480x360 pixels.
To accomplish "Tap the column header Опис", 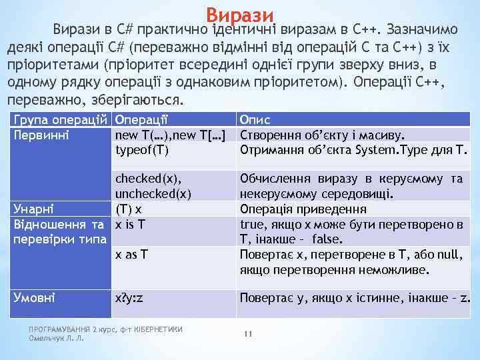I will click(255, 121).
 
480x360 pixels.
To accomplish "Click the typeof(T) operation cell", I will click(142, 150).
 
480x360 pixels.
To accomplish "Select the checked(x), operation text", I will click(149, 179).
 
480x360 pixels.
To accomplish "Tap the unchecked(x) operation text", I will click(154, 194).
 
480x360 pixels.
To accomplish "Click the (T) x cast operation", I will click(128, 209).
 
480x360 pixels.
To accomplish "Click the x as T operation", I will click(132, 254).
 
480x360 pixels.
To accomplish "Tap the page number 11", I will click(247, 334).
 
